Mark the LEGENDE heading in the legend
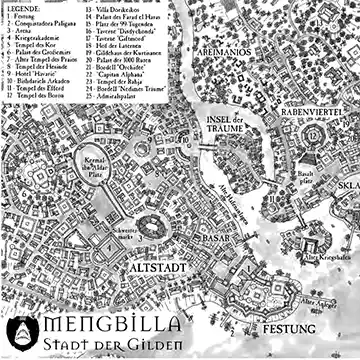pos(26,7)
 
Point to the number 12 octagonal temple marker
pos(315,134)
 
